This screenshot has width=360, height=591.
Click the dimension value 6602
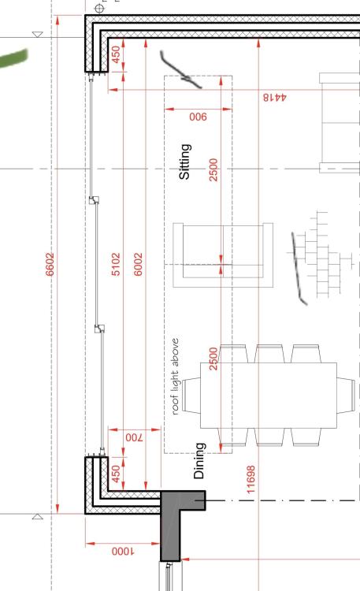pyautogui.click(x=50, y=264)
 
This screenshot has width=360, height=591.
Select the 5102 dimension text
pyautogui.click(x=116, y=264)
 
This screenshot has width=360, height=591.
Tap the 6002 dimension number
pyautogui.click(x=139, y=264)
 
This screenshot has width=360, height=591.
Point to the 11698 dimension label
pyautogui.click(x=251, y=479)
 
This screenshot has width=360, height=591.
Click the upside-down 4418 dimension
pyautogui.click(x=275, y=97)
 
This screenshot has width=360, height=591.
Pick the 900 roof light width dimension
pyautogui.click(x=199, y=117)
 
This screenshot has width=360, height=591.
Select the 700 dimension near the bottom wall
pyautogui.click(x=135, y=437)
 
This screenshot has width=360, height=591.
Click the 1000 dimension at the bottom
pyautogui.click(x=123, y=552)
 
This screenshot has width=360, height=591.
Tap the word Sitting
pyautogui.click(x=184, y=162)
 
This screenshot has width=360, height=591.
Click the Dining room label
pyautogui.click(x=199, y=461)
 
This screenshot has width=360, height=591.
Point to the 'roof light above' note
pyautogui.click(x=176, y=377)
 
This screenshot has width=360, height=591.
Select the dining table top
pyautogui.click(x=269, y=396)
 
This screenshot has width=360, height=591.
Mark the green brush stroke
pyautogui.click(x=13, y=58)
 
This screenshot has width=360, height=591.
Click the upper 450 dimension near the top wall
pyautogui.click(x=117, y=54)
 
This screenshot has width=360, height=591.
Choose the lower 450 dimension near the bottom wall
pyautogui.click(x=116, y=474)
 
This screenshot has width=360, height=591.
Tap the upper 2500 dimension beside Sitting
pyautogui.click(x=213, y=169)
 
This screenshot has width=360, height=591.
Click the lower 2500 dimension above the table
pyautogui.click(x=213, y=359)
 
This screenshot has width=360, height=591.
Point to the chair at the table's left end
pyautogui.click(x=191, y=396)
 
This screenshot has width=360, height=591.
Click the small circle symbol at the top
pyautogui.click(x=99, y=8)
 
